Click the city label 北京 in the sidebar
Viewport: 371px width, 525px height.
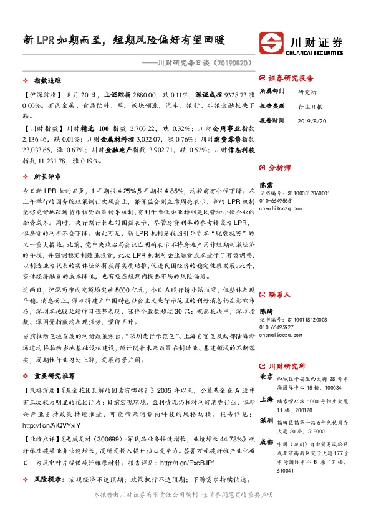(x=266, y=377)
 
